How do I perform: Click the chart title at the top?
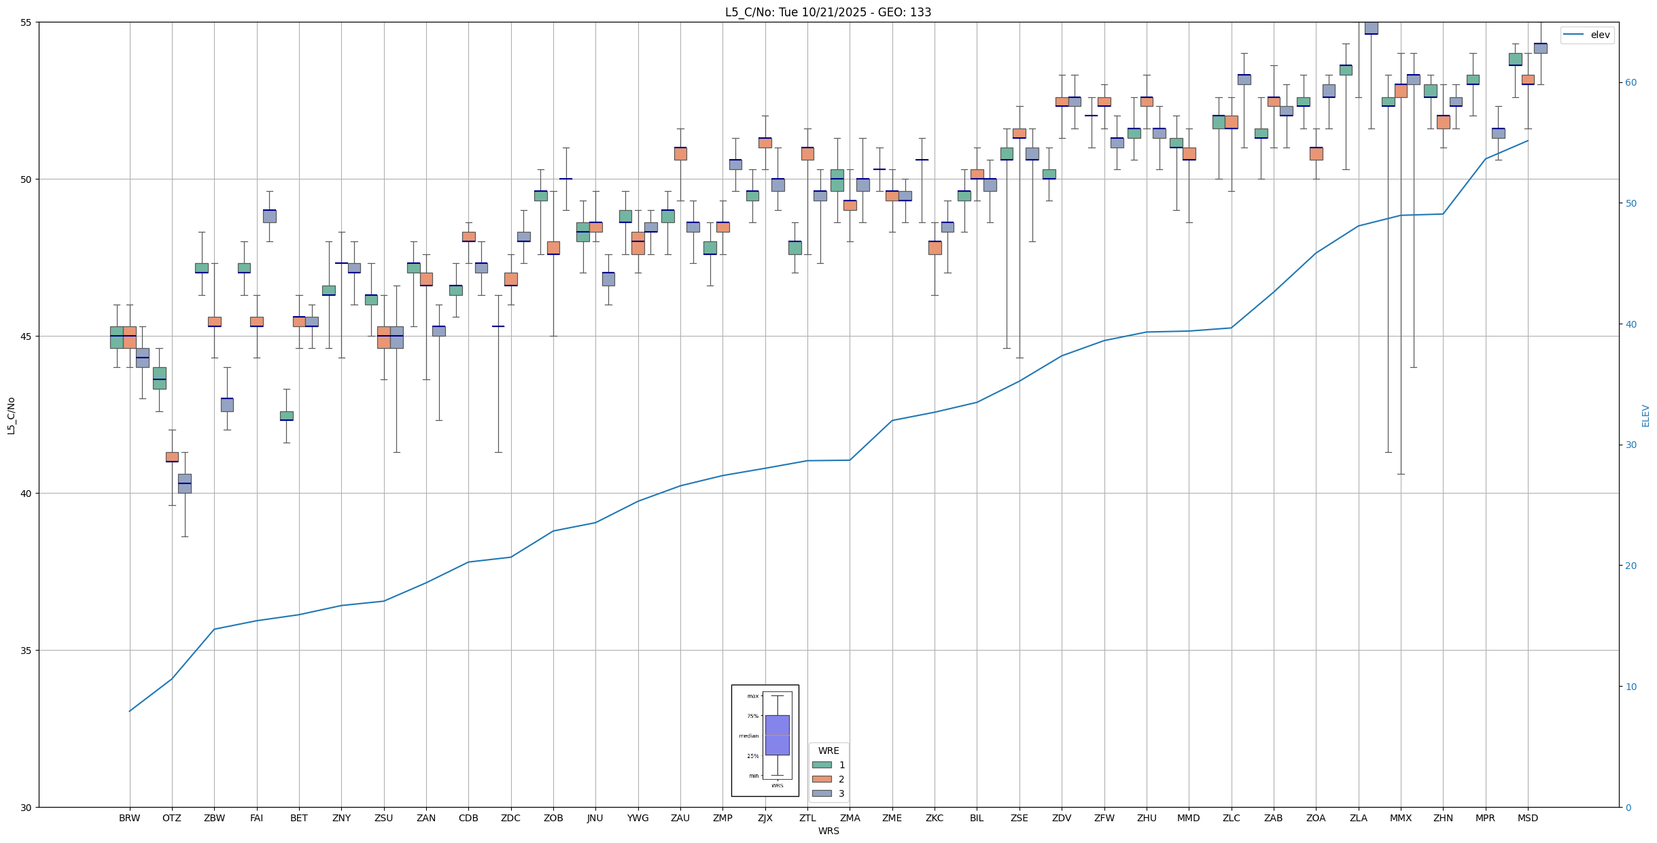coord(828,12)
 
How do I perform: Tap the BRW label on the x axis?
coord(129,818)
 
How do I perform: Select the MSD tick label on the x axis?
coord(1527,818)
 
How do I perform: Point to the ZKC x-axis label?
coord(934,818)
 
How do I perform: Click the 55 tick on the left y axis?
coord(27,22)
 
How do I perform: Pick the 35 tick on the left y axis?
coord(27,651)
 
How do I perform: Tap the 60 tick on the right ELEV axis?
coord(1629,83)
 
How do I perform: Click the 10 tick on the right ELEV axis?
coord(1629,687)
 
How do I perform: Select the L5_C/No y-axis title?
coord(11,415)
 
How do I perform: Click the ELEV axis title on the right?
coord(1645,415)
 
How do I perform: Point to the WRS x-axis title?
coord(828,831)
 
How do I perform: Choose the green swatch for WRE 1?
coord(822,765)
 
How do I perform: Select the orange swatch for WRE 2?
coord(822,779)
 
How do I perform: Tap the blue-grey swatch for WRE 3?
coord(822,793)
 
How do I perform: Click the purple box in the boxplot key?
coord(777,735)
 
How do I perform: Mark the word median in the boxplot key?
coord(748,736)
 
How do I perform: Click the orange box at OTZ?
coord(172,457)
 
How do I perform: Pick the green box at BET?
coord(286,415)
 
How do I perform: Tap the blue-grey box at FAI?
coord(269,216)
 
